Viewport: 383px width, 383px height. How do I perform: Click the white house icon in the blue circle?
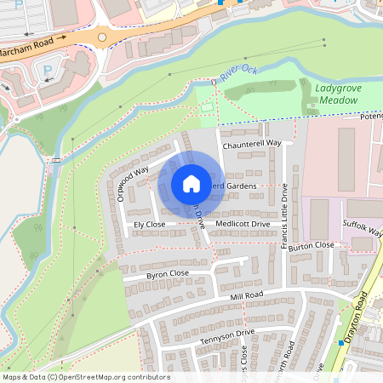tap(191, 184)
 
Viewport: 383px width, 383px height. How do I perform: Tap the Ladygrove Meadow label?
tap(339, 94)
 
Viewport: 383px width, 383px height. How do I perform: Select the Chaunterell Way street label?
tap(252, 145)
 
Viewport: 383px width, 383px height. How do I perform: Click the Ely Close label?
tap(149, 224)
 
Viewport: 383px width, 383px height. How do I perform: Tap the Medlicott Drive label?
tap(243, 224)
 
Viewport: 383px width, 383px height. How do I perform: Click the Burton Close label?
tap(312, 245)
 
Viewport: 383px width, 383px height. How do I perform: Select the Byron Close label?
tap(168, 273)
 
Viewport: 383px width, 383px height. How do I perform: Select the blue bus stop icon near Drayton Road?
tap(340, 342)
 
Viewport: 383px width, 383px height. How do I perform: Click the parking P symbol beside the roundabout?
tap(48, 71)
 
